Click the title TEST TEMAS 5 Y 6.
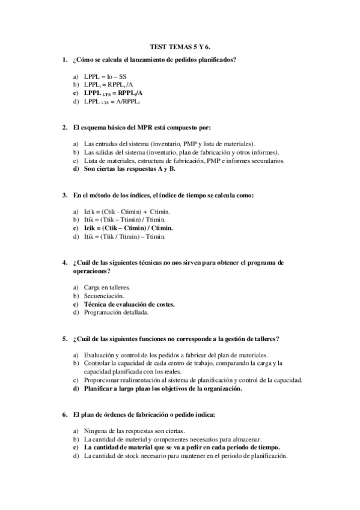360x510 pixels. click(x=180, y=46)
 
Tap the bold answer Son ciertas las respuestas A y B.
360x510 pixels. click(x=129, y=169)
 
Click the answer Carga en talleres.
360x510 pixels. click(x=107, y=287)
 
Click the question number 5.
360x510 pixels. click(x=64, y=339)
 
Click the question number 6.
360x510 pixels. click(x=64, y=415)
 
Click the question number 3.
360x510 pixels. click(x=64, y=195)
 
